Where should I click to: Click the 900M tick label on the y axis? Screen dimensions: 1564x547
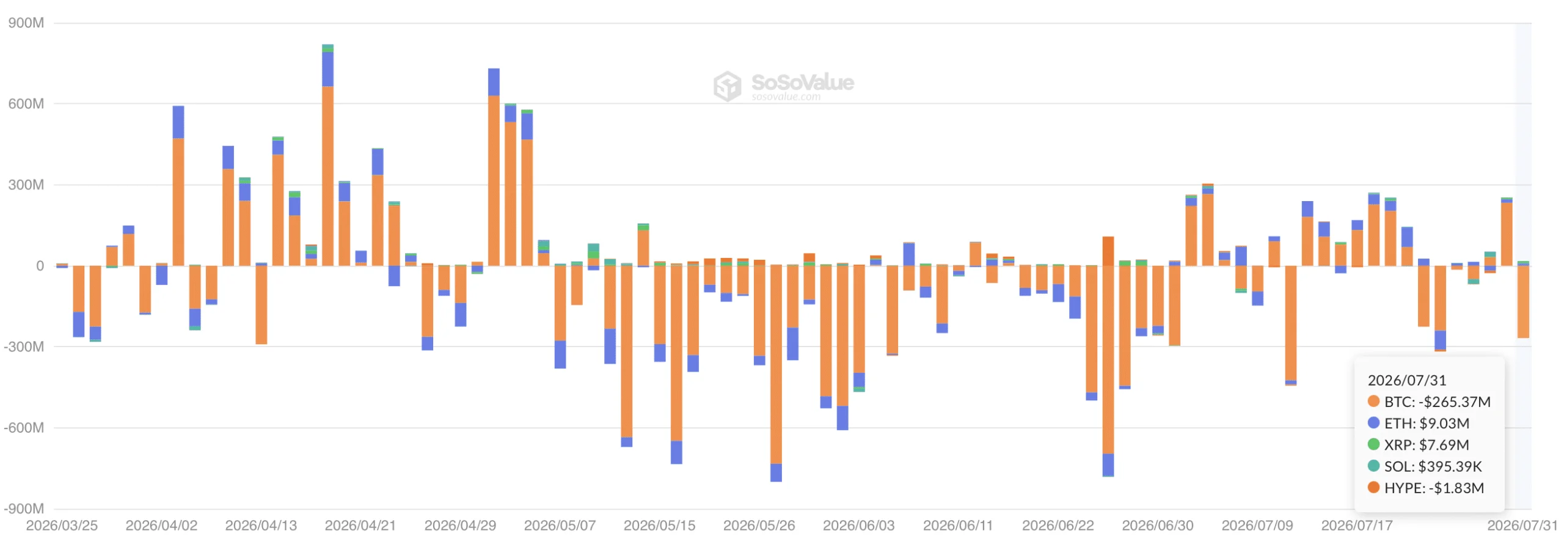pos(26,23)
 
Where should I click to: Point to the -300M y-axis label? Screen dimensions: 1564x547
pos(24,347)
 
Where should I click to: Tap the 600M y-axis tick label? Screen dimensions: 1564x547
pos(26,104)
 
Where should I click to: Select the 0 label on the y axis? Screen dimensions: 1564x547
pos(40,266)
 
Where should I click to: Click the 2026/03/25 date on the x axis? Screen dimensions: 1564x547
pos(62,526)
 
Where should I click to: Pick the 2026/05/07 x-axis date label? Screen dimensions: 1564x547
pos(560,526)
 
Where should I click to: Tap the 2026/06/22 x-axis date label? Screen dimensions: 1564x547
pos(1058,526)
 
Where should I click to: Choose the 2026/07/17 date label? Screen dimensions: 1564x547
pos(1357,526)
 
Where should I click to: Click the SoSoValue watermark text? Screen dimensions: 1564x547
pos(802,83)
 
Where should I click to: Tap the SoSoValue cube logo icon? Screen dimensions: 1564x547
pos(727,86)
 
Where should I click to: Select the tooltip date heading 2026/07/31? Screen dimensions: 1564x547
pos(1406,381)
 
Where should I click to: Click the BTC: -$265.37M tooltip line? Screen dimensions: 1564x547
pos(1429,402)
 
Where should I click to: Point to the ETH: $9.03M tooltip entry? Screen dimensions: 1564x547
pos(1418,424)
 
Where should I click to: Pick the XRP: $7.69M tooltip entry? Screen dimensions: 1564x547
pos(1418,445)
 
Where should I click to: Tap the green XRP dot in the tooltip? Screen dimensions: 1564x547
pos(1373,444)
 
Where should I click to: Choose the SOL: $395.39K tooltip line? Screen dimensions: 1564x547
pos(1425,466)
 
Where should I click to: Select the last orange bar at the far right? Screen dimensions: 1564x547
pos(1523,302)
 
